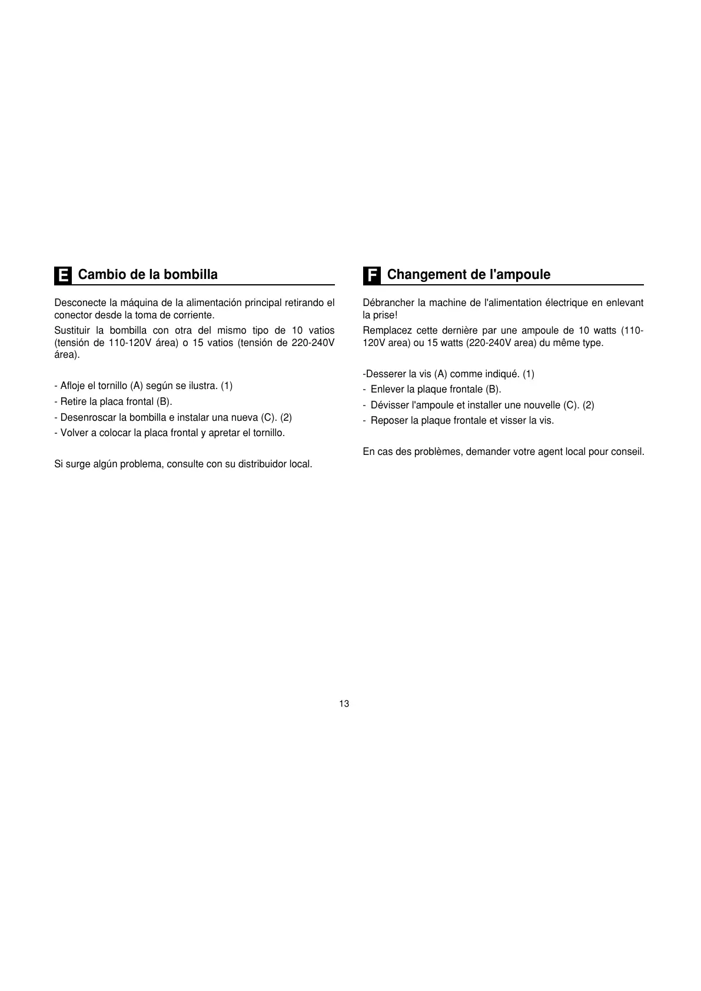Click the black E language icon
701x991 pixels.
click(62, 275)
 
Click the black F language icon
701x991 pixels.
click(371, 275)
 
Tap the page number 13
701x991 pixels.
click(344, 704)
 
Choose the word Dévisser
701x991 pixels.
click(390, 405)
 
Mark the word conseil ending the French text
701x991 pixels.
click(628, 453)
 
